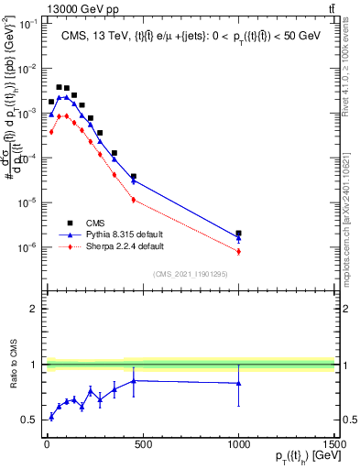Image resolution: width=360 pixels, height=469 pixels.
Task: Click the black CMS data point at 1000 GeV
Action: (238, 234)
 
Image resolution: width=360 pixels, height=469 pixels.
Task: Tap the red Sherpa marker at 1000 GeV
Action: (238, 251)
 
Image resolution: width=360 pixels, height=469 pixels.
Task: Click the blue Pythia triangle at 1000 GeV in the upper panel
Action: (238, 239)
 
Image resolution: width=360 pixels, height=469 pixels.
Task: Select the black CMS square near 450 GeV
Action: (134, 176)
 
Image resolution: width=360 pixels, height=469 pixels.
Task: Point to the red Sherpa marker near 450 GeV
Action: (134, 199)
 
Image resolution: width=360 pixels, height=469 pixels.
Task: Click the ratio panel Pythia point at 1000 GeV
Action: (238, 383)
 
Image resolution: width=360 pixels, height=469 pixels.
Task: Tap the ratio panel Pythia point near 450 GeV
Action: (134, 380)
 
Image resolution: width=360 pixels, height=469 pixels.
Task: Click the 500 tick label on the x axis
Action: (142, 443)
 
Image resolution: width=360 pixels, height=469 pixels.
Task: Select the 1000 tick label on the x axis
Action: (238, 443)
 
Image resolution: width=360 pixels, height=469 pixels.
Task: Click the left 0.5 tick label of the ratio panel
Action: (29, 420)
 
